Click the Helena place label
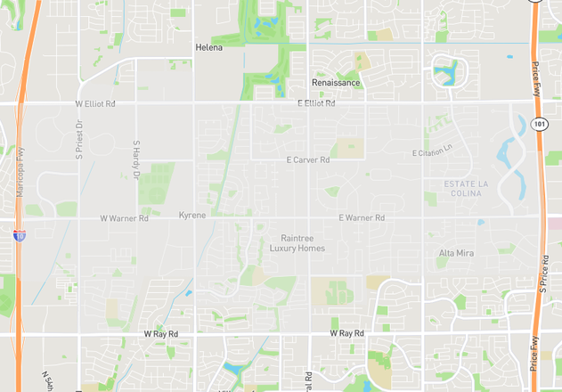[209, 47]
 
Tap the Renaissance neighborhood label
[336, 83]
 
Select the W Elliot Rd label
[95, 104]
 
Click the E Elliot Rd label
[316, 104]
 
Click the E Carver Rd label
[308, 160]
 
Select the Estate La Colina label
[467, 189]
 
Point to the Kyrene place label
[191, 216]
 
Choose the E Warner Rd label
[362, 217]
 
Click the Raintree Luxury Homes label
[297, 243]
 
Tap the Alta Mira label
[456, 253]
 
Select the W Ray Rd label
[161, 333]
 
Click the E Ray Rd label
[346, 333]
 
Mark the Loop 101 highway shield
[540, 124]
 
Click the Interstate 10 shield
[20, 235]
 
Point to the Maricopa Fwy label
[20, 172]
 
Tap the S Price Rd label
[542, 272]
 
